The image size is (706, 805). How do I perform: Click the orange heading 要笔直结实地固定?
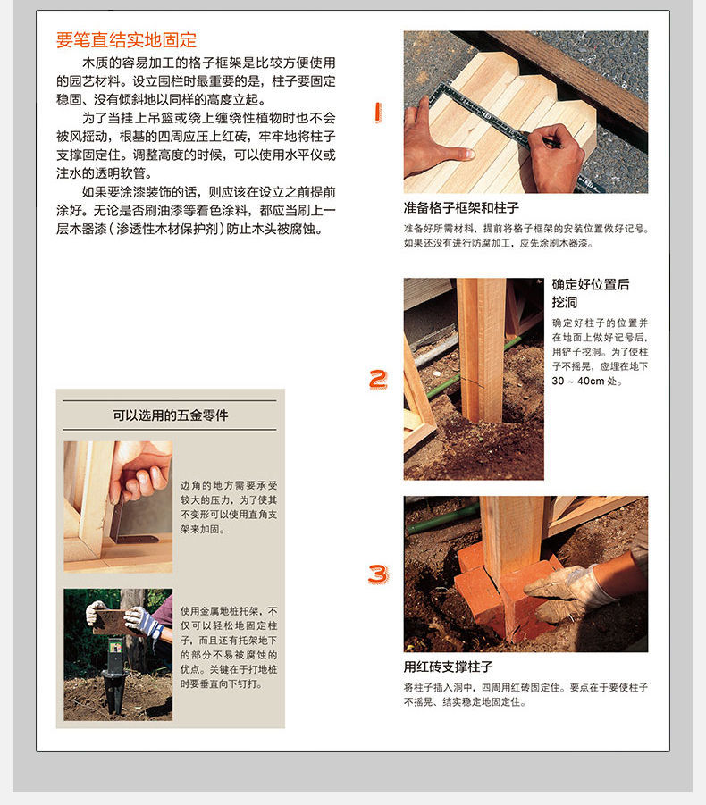(126, 40)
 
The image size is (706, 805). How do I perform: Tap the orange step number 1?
(377, 112)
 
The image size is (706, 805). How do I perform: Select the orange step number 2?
(379, 379)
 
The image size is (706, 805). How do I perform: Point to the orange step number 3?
(378, 574)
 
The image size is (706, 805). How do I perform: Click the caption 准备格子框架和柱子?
(461, 208)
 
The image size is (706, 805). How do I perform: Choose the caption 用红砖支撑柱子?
(449, 667)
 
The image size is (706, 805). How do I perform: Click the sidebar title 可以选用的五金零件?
(170, 415)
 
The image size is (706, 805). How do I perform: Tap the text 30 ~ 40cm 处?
(586, 382)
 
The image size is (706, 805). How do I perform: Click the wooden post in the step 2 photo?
(482, 348)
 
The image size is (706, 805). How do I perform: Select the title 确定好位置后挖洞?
(591, 293)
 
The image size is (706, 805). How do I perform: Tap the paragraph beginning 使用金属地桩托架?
(229, 648)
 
